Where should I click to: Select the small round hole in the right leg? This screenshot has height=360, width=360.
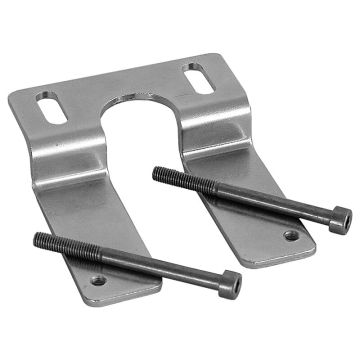coord(291,236)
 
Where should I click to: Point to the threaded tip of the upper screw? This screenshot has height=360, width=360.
coord(158,172)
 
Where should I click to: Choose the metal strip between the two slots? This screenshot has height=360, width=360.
coord(120,85)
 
